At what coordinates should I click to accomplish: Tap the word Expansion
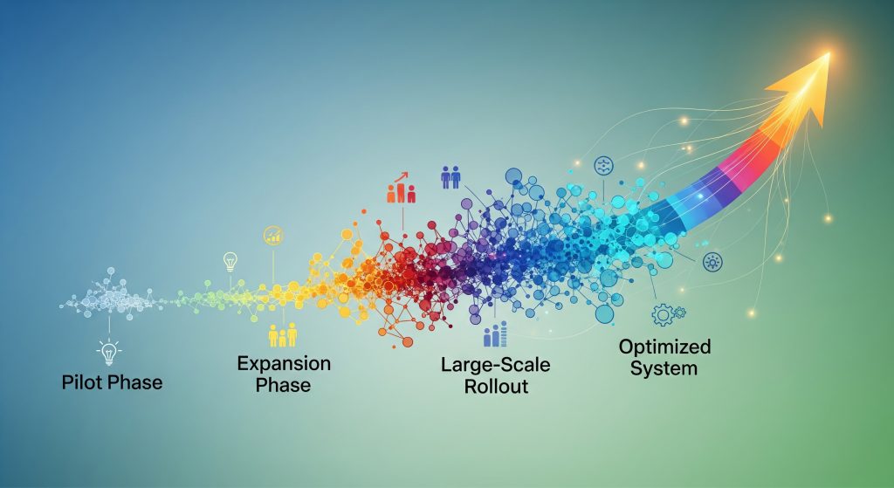click(x=284, y=363)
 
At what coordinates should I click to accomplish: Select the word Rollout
click(x=496, y=386)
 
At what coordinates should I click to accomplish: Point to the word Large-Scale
click(x=496, y=364)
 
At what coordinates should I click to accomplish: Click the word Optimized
click(x=664, y=347)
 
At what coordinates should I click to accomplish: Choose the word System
click(x=664, y=368)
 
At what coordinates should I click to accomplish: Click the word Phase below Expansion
click(x=284, y=385)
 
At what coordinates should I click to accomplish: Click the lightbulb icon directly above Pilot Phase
click(x=109, y=353)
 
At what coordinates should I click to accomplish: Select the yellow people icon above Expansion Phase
click(x=283, y=335)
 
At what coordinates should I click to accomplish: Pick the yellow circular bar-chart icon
click(x=273, y=236)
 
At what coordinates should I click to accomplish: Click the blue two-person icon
click(x=450, y=177)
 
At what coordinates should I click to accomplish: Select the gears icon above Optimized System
click(x=668, y=314)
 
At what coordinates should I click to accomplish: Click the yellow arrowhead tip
click(x=829, y=53)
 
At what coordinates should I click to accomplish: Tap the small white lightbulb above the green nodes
click(x=230, y=262)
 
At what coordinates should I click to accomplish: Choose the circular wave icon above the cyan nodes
click(x=603, y=166)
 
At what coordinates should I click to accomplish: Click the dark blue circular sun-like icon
click(x=712, y=262)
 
